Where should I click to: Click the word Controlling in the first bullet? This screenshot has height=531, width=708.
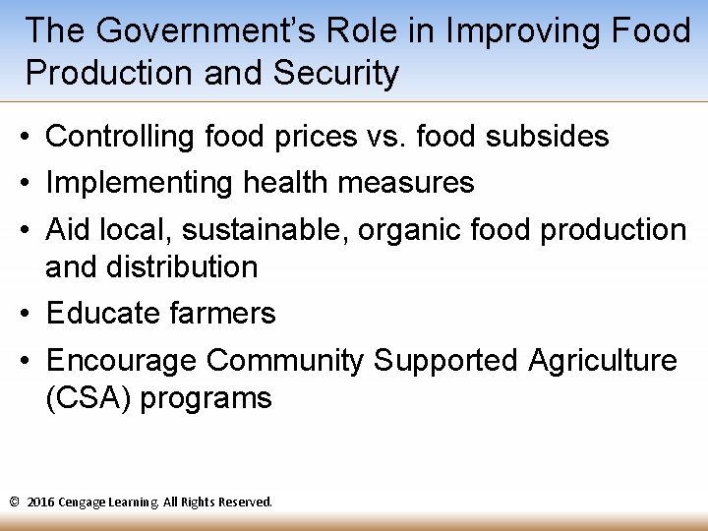pos(121,137)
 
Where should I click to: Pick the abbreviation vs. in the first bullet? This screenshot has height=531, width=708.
pos(386,137)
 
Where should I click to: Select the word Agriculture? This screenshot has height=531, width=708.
pos(602,361)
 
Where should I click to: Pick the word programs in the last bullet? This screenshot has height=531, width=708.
pos(206,399)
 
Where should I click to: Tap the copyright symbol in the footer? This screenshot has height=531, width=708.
pos(15,502)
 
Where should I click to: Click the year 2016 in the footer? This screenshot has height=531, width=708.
pos(40,502)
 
